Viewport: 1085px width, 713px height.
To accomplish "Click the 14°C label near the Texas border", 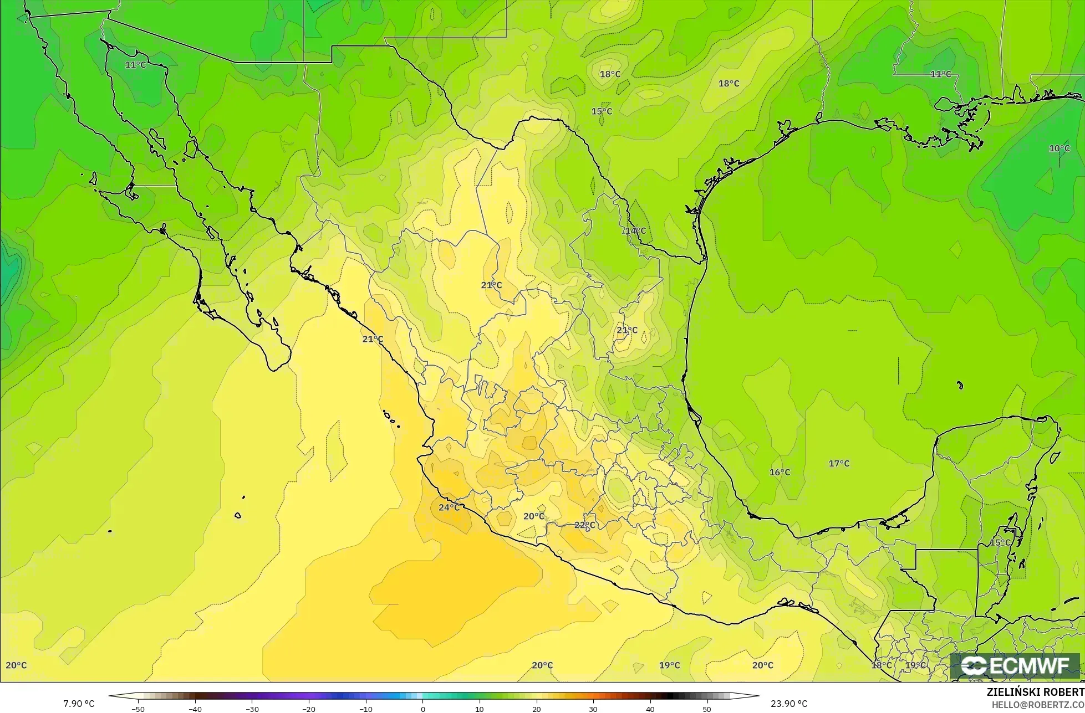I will tap(636, 230).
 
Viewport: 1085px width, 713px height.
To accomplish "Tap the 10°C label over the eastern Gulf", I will tap(1059, 148).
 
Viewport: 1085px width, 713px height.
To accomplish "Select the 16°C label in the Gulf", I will tap(780, 472).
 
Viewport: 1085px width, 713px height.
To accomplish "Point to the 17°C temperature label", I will tap(839, 463).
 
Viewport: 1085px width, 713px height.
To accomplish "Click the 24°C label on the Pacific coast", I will tap(449, 507).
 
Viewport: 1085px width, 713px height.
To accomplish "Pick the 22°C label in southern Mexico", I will tap(584, 525).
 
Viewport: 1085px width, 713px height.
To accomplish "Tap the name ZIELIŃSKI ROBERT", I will tap(1035, 693).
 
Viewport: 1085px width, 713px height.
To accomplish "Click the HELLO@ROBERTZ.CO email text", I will tap(1038, 704).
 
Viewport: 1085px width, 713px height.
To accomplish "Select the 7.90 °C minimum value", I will tap(79, 704).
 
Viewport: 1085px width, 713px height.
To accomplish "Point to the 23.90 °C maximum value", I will tap(789, 704).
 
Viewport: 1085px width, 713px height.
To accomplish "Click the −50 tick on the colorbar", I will tap(138, 709).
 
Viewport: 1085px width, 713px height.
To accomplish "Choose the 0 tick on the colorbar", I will tap(422, 709).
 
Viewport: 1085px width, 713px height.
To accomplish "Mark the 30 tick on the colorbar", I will tap(593, 709).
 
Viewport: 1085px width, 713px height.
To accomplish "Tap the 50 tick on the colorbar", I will tap(706, 709).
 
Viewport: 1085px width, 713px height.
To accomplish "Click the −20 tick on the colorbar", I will tap(308, 709).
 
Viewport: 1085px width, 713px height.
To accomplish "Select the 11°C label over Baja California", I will tap(135, 65).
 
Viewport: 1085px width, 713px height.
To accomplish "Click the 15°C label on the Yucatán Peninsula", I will tap(1000, 542).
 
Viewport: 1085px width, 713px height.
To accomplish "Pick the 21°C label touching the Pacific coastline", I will tap(373, 339).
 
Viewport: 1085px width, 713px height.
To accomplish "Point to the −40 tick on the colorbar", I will tap(195, 709).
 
